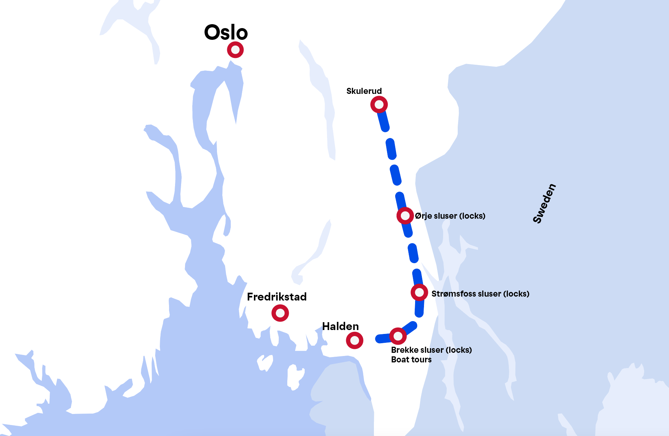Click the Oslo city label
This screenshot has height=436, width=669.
point(226,32)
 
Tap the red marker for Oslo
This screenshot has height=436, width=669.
point(235,50)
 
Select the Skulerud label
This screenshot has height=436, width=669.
point(364,91)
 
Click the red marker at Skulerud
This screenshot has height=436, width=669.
point(379,105)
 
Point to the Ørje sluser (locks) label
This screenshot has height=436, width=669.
point(450,216)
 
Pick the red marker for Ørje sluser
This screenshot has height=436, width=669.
point(405,216)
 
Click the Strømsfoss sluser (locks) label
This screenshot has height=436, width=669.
point(480,294)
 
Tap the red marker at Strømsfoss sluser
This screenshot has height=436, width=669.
point(419,292)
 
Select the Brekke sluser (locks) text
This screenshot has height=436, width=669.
point(431,350)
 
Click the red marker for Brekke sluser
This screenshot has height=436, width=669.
point(398,336)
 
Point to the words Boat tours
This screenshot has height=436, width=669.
point(411,360)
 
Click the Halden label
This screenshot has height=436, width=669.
point(340,326)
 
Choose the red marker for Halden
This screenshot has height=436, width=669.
point(354,340)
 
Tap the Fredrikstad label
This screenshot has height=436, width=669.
point(277,297)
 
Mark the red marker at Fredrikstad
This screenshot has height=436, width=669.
point(280,313)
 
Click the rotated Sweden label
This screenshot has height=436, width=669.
point(544,203)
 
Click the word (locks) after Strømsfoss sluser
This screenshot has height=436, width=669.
point(516,294)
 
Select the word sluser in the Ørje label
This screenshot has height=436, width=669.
point(445,216)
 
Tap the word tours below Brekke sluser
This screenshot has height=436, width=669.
point(421,360)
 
